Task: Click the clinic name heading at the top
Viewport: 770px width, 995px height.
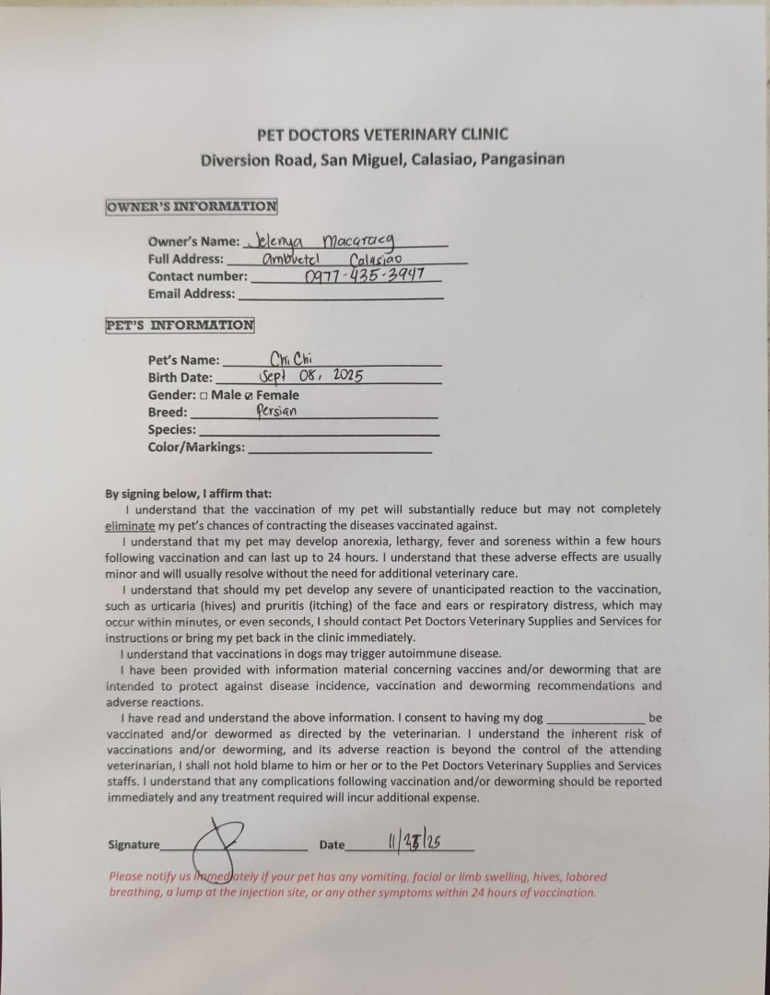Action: pyautogui.click(x=382, y=134)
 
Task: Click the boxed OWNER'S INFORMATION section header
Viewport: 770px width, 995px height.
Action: pyautogui.click(x=192, y=206)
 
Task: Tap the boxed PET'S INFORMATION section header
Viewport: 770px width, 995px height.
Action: pyautogui.click(x=181, y=324)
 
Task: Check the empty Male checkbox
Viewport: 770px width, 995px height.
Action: pyautogui.click(x=204, y=395)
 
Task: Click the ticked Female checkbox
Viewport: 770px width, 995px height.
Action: pyautogui.click(x=249, y=395)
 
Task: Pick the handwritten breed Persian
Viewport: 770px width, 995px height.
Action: pyautogui.click(x=276, y=412)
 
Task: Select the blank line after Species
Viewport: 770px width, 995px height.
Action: pyautogui.click(x=319, y=432)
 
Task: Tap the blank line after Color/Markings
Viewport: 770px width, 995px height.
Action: pyautogui.click(x=340, y=451)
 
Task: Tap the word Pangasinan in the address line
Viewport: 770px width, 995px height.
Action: pyautogui.click(x=520, y=159)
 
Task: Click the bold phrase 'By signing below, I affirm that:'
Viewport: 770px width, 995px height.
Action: pyautogui.click(x=189, y=493)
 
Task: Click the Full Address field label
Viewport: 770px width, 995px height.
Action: pyautogui.click(x=185, y=260)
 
